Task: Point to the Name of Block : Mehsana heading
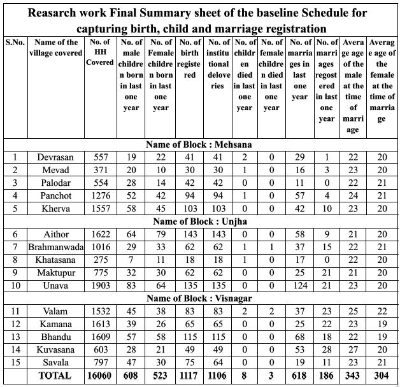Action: click(199, 144)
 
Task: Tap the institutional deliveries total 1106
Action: click(217, 376)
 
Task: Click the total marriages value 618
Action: click(299, 376)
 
